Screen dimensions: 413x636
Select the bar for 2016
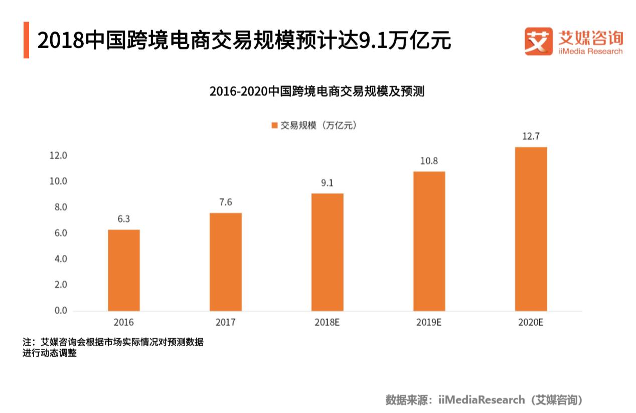[x=124, y=270]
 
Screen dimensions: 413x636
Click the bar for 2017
[x=226, y=262]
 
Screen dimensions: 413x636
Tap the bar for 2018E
[x=328, y=252]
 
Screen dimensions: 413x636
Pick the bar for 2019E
[x=429, y=241]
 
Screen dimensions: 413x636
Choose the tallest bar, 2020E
[x=531, y=229]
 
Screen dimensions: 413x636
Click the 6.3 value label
[x=124, y=219]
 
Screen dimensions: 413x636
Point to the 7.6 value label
[x=226, y=202]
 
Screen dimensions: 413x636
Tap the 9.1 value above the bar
[x=328, y=183]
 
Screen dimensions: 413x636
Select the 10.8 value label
[x=429, y=161]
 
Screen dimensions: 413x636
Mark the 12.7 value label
[x=531, y=136]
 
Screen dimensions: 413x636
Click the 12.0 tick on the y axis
[x=58, y=156]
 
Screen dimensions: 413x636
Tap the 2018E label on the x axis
[x=328, y=323]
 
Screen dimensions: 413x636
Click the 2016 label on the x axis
[x=124, y=323]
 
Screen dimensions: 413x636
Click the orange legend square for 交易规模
[x=274, y=126]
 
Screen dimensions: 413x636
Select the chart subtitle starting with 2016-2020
[x=317, y=91]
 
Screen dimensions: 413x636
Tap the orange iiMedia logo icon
[x=538, y=41]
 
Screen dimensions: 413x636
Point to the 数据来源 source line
[x=485, y=400]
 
